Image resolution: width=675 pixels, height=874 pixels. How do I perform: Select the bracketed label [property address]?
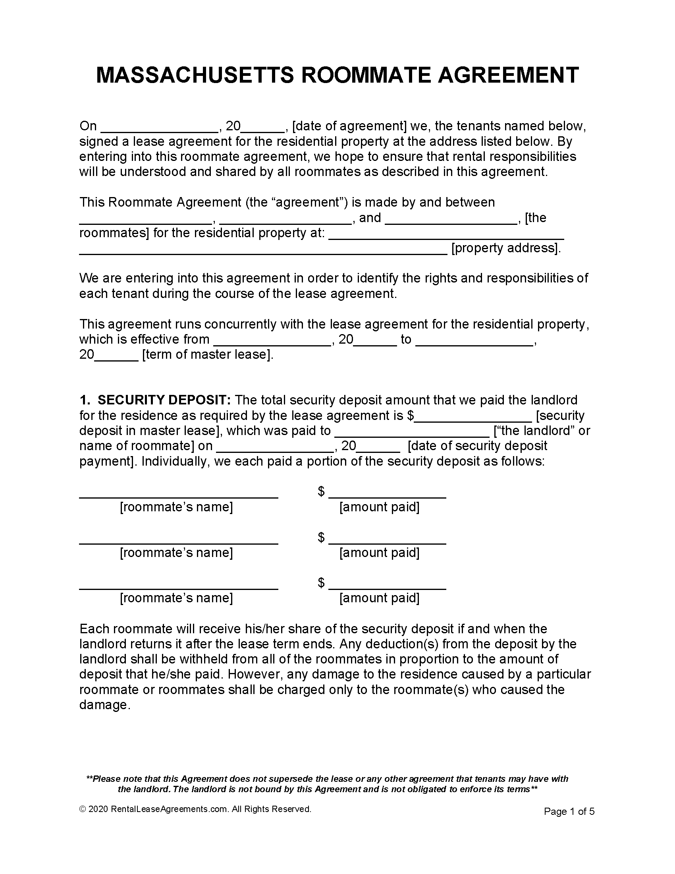pos(506,248)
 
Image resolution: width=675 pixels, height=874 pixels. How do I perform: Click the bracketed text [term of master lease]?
pos(208,354)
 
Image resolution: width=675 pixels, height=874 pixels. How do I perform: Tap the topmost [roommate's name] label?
pos(176,507)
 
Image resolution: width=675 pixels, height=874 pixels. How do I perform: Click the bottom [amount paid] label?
pos(379,598)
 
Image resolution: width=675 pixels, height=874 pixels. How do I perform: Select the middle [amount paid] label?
pos(379,553)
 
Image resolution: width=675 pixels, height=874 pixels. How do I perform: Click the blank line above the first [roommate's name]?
pos(178,496)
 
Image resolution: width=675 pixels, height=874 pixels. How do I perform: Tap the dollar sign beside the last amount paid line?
pos(321,582)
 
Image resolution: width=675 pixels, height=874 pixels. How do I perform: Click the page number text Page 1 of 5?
pos(569,812)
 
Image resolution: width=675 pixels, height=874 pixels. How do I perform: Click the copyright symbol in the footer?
pos(83,809)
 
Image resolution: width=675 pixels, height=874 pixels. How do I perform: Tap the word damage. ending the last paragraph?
pos(105,705)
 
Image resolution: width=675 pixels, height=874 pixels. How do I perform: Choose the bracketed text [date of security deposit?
pos(477,446)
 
